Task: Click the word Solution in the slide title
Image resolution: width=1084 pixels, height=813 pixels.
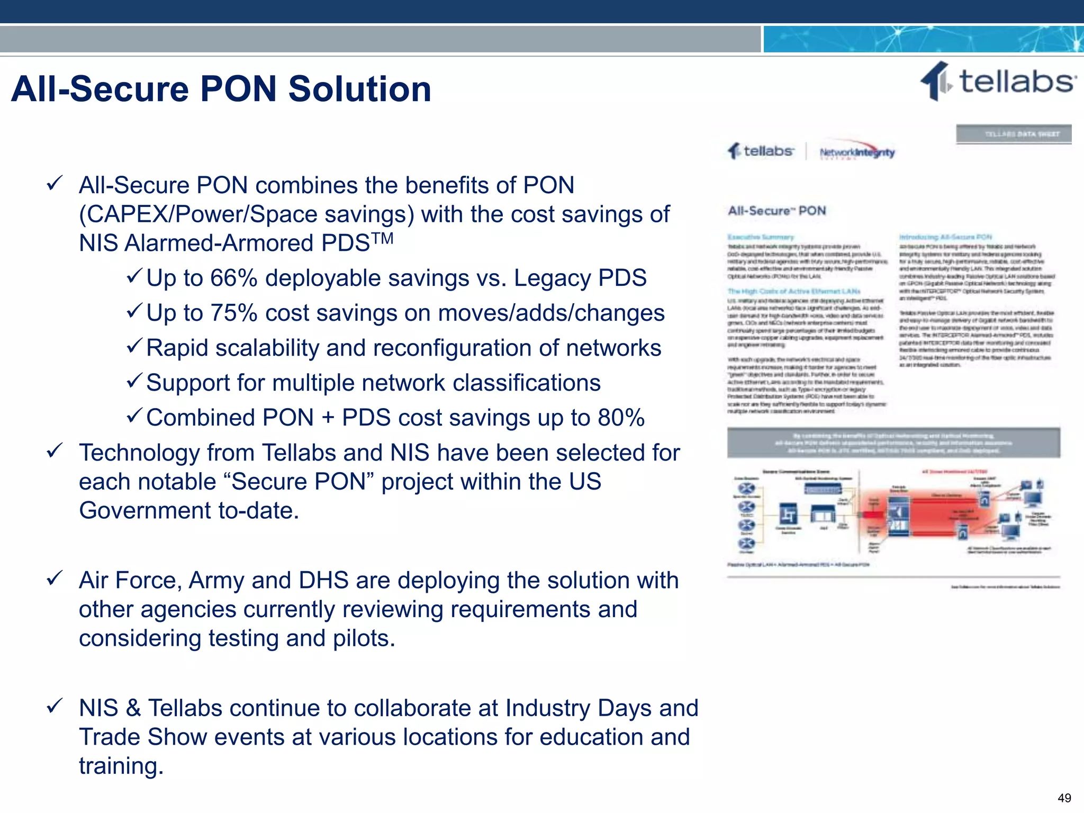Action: coord(359,89)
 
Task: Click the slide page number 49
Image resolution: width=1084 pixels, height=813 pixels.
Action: coord(1064,798)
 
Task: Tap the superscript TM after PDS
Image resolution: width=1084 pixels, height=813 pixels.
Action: coord(383,238)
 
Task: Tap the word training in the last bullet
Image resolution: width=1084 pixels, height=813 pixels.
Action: coord(121,766)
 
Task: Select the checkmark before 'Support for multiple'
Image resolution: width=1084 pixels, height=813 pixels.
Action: coord(134,380)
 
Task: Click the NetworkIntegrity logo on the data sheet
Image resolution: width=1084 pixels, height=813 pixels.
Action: coord(857,152)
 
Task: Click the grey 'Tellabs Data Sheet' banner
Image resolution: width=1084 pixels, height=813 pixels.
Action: coord(1014,134)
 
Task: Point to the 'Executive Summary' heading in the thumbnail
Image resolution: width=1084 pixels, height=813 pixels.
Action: coord(761,237)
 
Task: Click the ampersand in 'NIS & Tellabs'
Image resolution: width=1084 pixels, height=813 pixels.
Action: coord(133,709)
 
